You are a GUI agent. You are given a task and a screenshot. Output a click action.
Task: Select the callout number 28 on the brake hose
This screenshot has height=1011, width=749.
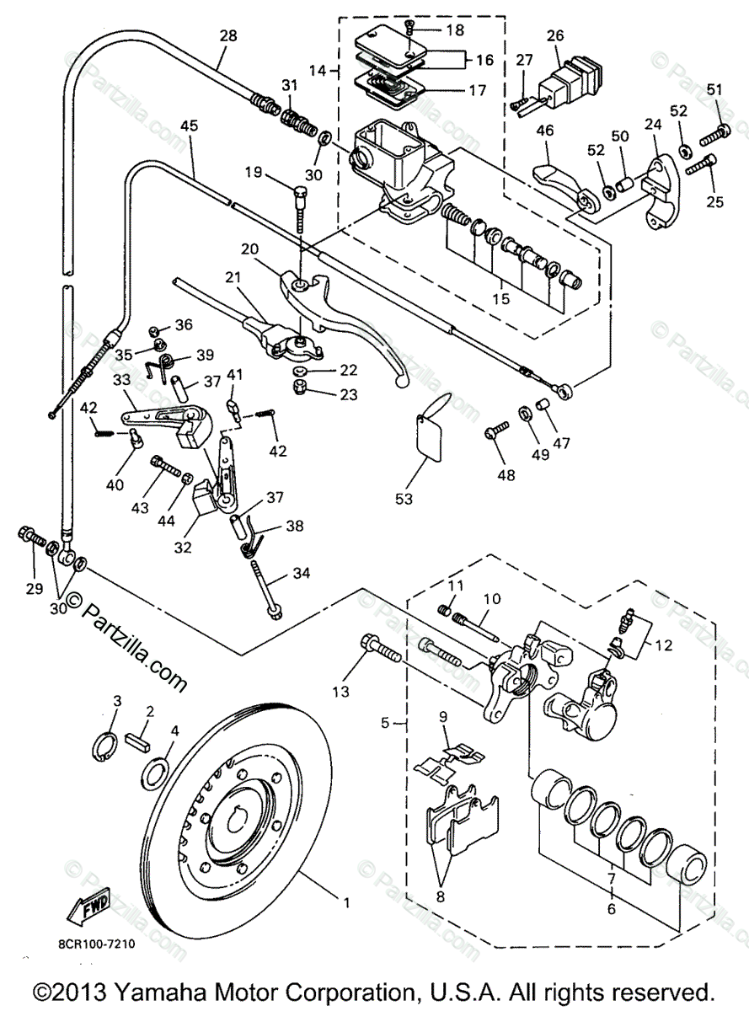228,35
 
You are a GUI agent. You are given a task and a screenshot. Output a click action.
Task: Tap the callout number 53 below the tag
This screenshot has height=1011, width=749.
404,499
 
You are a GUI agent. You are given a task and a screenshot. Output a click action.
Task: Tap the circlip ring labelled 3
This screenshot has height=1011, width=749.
104,743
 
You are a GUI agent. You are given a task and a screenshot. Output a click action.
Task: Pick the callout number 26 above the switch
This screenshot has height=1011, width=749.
555,35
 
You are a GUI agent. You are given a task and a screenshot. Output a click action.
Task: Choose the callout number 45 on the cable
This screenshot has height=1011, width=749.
190,126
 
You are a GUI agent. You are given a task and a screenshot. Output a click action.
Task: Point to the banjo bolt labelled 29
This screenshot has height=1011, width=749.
32,536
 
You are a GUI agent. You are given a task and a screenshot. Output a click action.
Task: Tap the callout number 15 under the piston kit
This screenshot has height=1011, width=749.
501,299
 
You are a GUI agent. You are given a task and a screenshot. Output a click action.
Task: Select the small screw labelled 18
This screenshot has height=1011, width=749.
409,31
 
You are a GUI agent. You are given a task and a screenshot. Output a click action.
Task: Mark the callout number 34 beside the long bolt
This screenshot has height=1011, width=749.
302,573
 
